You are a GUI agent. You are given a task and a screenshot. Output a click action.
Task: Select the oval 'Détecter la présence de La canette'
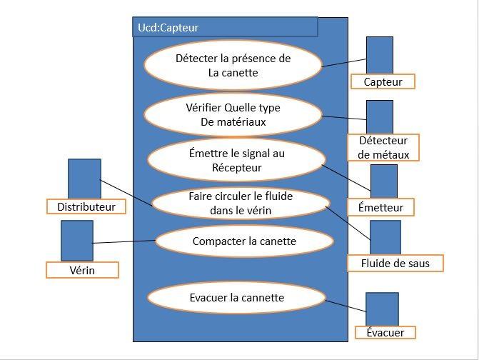point(233,65)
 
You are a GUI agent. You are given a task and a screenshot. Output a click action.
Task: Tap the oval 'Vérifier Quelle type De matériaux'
point(233,114)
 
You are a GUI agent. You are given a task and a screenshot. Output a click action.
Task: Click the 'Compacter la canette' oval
point(236,241)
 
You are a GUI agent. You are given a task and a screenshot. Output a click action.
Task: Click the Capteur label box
point(383,81)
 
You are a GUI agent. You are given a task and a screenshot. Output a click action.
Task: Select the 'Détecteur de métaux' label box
point(383,148)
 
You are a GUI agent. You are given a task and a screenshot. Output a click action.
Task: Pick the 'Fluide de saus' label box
point(395,264)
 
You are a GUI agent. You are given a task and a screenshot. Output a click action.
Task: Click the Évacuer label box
point(385,333)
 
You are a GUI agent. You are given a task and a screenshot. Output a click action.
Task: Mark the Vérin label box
point(82,270)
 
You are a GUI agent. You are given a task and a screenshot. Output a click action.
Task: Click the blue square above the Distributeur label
point(84,179)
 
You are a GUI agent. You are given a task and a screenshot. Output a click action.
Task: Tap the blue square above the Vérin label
point(77,240)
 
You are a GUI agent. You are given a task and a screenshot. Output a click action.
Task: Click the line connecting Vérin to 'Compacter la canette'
point(124,242)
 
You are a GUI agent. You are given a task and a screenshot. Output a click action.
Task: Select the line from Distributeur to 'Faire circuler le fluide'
point(126,193)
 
